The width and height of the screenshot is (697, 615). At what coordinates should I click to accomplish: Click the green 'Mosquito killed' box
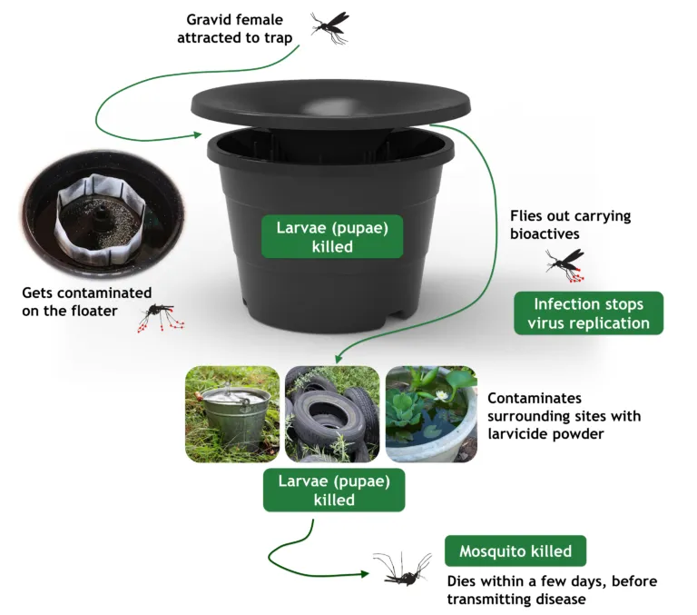pos(515,551)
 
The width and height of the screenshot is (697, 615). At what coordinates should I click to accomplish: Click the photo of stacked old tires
pos(331,413)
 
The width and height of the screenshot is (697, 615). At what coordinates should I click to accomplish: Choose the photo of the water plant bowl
pos(430,413)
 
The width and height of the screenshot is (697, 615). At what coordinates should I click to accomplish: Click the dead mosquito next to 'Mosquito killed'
pos(400,570)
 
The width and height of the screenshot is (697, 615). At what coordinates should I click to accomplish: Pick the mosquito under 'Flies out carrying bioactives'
pos(564,263)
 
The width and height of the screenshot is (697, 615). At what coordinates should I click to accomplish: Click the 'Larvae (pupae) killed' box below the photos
pos(333,491)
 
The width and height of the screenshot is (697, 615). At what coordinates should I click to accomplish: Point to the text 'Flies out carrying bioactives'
pos(570,225)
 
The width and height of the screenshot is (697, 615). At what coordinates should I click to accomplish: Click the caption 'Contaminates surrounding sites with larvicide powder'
pos(564,416)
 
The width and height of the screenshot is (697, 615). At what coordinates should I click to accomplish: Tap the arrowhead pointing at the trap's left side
pos(198,136)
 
